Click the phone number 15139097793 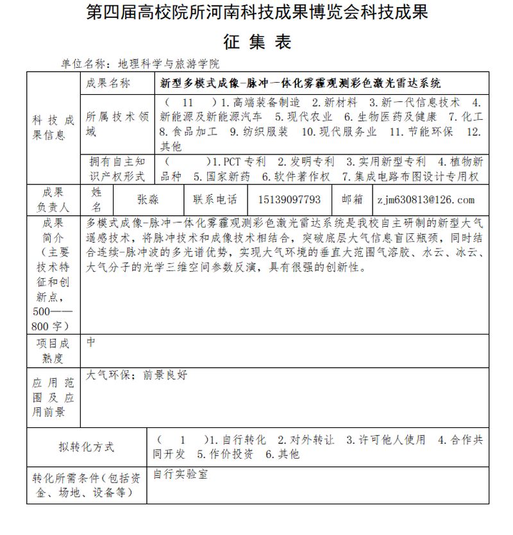[289, 200]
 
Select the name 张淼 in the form [148, 200]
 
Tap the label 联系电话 [215, 200]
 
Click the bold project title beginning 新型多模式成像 [301, 83]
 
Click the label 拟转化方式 [87, 447]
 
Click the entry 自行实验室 [180, 475]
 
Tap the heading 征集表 [256, 42]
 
